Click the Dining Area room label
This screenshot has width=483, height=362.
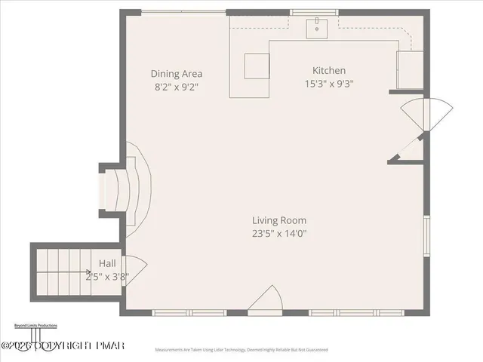pos(176,74)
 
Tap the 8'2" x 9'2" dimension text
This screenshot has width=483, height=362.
pos(176,87)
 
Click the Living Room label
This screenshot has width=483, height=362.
pos(279,220)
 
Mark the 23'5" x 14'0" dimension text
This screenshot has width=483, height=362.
pos(279,234)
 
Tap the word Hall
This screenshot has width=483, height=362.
pos(106,263)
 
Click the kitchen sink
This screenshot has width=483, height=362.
pos(317,28)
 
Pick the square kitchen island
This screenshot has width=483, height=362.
pos(257,66)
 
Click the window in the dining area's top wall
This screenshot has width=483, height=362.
pos(183,11)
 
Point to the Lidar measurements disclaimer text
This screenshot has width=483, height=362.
pos(241,350)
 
